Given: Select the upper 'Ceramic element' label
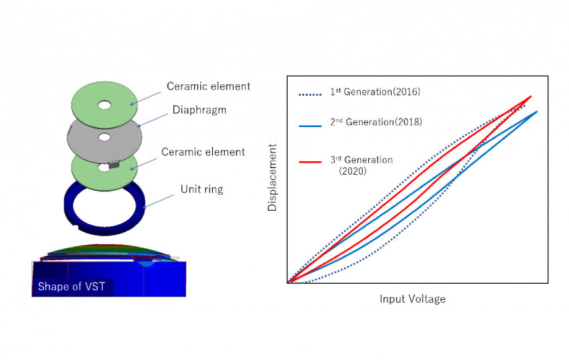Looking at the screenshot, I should coord(208,86).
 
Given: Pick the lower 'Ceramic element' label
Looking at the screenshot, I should coord(203,152).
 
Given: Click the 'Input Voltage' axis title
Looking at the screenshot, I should coord(412,299).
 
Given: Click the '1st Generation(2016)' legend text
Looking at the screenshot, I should coord(375,92).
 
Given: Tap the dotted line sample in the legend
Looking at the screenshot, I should coord(310,94).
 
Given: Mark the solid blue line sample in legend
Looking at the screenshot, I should coord(310,124).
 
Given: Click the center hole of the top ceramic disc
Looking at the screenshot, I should coord(105,105).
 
